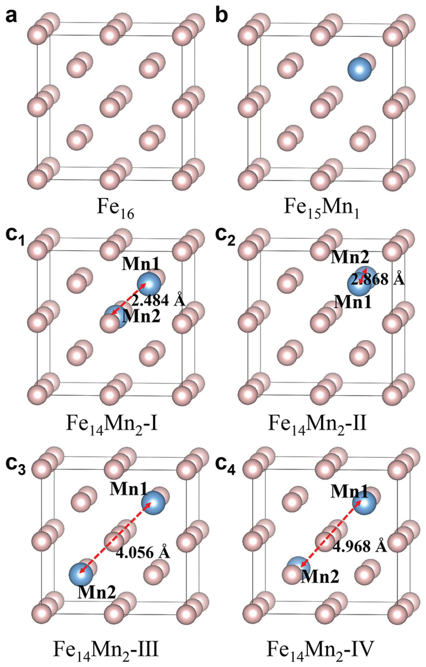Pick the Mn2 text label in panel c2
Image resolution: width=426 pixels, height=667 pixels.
350,258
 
